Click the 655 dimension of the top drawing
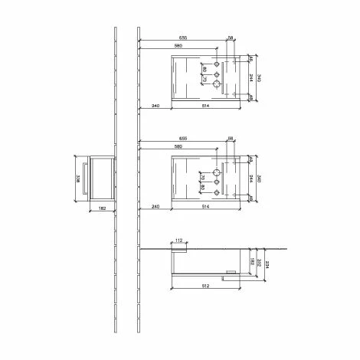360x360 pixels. (x=184, y=37)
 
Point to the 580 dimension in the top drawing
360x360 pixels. (x=178, y=46)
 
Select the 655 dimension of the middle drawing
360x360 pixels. (x=184, y=140)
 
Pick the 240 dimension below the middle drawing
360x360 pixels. (x=155, y=207)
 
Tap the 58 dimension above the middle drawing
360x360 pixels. (x=230, y=139)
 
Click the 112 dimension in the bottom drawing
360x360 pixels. (x=178, y=240)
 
